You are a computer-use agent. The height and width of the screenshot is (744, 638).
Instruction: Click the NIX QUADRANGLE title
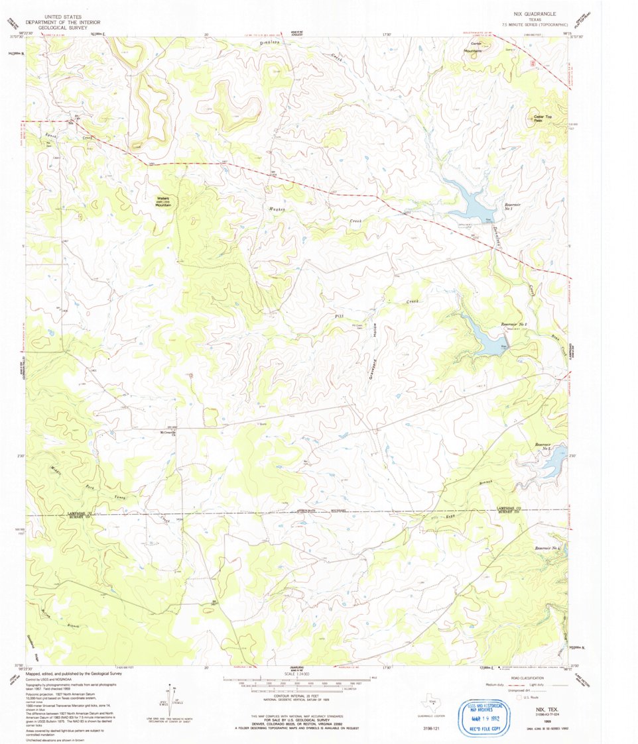pos(535,13)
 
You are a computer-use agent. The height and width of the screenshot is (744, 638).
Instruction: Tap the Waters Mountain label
pos(164,201)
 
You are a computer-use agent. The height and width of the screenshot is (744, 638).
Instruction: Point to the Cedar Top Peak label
pos(542,119)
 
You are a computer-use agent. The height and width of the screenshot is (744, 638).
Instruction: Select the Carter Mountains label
pos(472,46)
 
